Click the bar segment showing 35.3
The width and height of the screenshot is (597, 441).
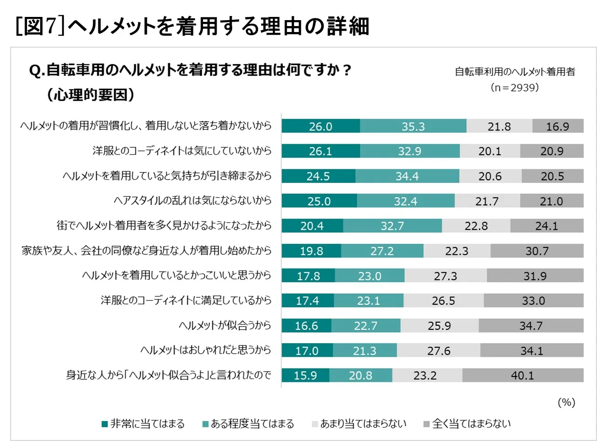pyautogui.click(x=413, y=126)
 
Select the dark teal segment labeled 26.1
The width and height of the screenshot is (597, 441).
pyautogui.click(x=320, y=151)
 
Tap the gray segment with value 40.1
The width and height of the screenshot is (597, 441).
pyautogui.click(x=522, y=376)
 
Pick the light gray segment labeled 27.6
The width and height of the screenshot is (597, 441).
pyautogui.click(x=438, y=351)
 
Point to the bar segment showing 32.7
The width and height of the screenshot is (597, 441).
pyautogui.click(x=392, y=226)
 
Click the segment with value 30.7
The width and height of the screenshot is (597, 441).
pyautogui.click(x=537, y=251)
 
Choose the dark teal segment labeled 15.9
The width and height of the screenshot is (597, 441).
pyautogui.click(x=305, y=376)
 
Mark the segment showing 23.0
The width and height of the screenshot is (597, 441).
pyautogui.click(x=369, y=276)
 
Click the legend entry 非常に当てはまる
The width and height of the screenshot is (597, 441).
pyautogui.click(x=143, y=424)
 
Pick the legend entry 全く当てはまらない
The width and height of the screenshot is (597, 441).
pyautogui.click(x=467, y=424)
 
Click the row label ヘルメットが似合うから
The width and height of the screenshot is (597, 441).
pyautogui.click(x=224, y=325)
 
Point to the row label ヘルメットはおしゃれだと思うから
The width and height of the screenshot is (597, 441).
pyautogui.click(x=205, y=350)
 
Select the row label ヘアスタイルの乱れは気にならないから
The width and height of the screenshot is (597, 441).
pyautogui.click(x=192, y=200)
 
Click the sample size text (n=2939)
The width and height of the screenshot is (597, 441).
pyautogui.click(x=515, y=87)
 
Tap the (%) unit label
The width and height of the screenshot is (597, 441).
pyautogui.click(x=566, y=402)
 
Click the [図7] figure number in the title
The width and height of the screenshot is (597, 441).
pyautogui.click(x=40, y=26)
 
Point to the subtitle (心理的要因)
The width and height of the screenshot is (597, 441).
pyautogui.click(x=91, y=95)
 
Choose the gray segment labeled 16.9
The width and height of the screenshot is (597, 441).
pyautogui.click(x=558, y=126)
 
